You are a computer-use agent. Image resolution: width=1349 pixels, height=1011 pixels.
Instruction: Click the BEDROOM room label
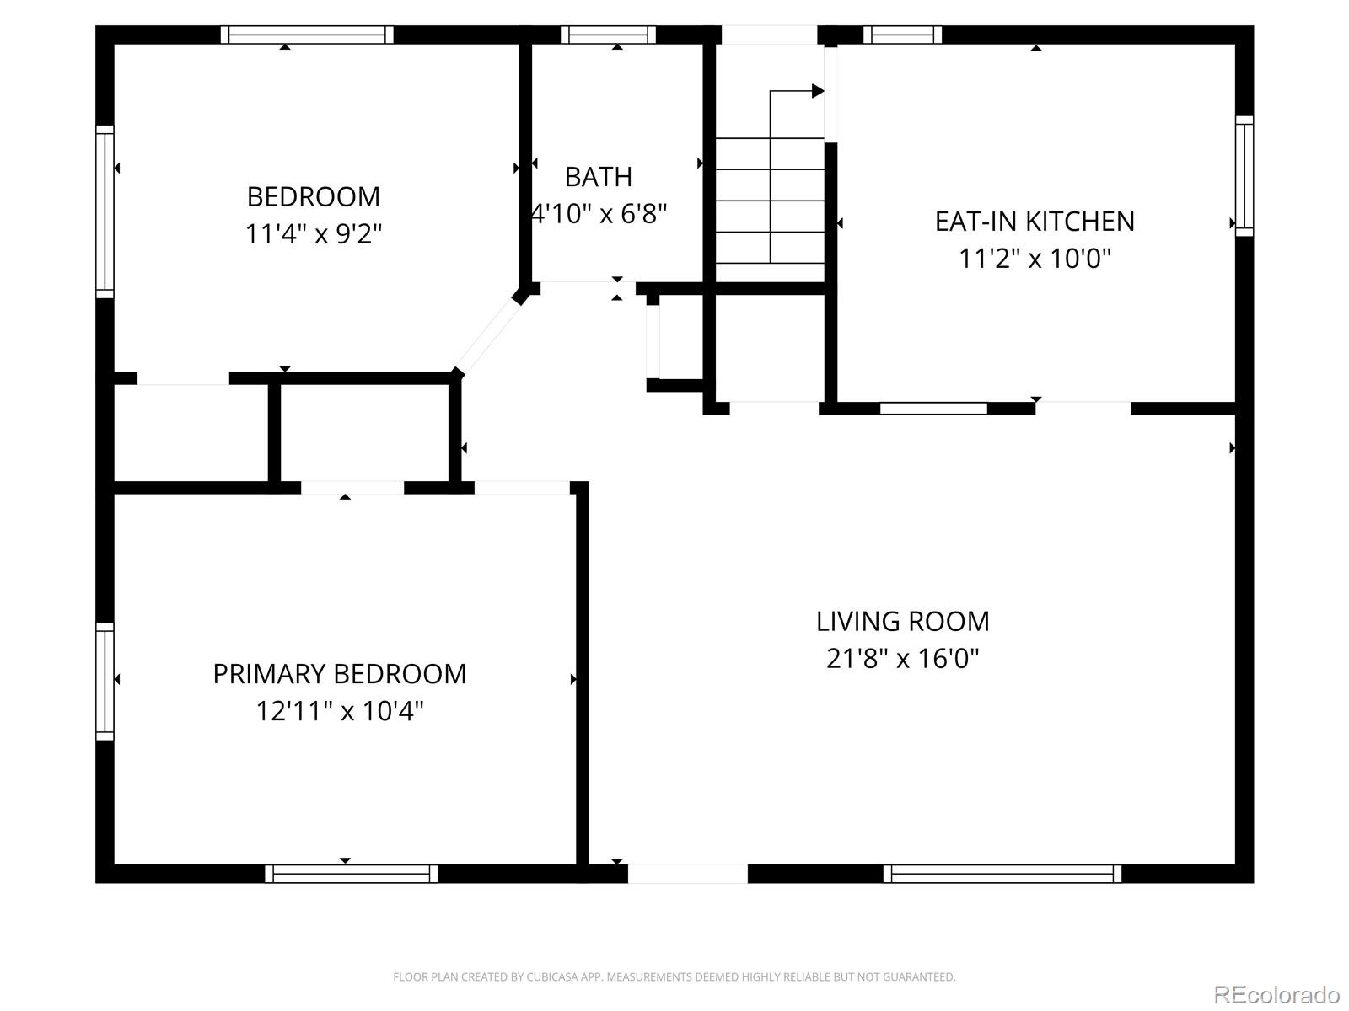(x=313, y=196)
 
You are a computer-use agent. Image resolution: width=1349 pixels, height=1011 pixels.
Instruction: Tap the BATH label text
(x=598, y=177)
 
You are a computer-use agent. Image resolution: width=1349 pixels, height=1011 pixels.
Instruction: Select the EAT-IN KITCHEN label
(x=1035, y=221)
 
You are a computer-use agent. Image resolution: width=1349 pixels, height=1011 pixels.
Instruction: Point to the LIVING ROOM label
(x=902, y=622)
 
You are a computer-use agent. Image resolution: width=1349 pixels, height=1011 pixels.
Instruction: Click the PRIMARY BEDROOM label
(x=339, y=674)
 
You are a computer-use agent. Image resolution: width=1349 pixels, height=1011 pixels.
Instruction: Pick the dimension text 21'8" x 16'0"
(x=902, y=658)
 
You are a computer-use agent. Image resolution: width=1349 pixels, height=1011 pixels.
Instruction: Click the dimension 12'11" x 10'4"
(x=339, y=711)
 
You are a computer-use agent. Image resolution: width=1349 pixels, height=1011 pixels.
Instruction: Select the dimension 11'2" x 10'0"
(x=1035, y=258)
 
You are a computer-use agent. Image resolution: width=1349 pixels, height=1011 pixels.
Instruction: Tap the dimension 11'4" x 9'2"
(x=313, y=233)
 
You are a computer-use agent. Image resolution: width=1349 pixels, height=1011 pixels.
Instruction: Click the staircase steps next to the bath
(x=769, y=202)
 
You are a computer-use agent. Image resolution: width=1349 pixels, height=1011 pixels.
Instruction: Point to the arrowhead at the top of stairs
(x=817, y=91)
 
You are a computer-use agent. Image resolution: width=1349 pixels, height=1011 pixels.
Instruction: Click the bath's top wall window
(x=608, y=35)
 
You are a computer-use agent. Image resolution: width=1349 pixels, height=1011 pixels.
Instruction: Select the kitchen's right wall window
(x=1244, y=175)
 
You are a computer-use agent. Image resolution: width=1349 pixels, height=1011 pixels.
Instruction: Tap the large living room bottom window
(x=1002, y=874)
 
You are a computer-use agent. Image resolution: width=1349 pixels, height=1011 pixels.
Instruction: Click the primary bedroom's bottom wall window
(x=351, y=874)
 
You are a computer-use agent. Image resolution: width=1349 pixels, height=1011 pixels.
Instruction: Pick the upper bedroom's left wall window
(x=105, y=211)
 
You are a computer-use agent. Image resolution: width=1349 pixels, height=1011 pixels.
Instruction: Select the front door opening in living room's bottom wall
(x=687, y=874)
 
